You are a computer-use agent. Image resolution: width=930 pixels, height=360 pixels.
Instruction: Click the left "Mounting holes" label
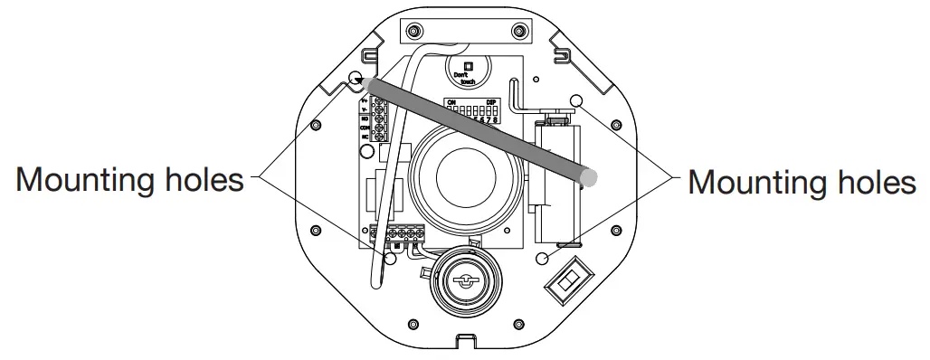pos(130,180)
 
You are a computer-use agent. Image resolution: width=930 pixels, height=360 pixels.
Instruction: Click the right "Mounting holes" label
pos(802,182)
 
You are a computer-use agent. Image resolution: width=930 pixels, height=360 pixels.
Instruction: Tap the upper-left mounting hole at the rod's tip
pos(356,79)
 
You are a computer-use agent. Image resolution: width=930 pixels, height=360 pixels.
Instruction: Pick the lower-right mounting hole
pos(543,259)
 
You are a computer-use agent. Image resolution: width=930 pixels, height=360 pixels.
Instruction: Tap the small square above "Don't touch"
pos(468,65)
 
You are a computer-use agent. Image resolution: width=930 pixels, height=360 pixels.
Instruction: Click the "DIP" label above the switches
pos(491,102)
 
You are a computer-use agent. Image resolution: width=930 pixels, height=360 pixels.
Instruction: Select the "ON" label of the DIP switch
pos(451,102)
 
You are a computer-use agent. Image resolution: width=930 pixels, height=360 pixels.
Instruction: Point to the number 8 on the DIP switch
pos(496,118)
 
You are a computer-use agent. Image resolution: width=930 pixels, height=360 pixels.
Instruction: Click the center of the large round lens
pos(462,175)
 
